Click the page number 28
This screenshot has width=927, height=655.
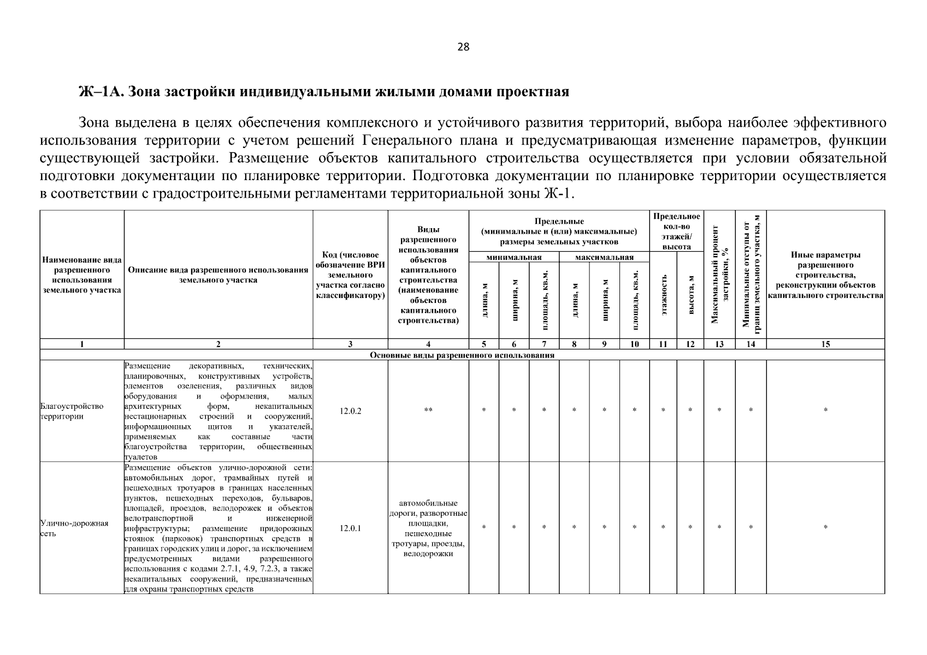463,47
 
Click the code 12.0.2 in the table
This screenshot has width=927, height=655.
350,411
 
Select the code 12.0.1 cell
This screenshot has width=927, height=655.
350,528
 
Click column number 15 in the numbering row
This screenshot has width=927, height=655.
825,344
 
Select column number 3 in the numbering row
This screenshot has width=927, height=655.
350,344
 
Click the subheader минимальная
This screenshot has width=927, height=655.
514,258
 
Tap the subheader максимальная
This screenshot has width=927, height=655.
604,258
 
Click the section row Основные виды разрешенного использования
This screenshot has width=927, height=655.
462,355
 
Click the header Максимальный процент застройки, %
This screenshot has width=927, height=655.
720,274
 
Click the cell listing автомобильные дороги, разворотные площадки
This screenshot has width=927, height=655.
428,528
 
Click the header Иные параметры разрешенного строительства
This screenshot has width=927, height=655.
825,275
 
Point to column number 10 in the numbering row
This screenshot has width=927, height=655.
634,344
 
